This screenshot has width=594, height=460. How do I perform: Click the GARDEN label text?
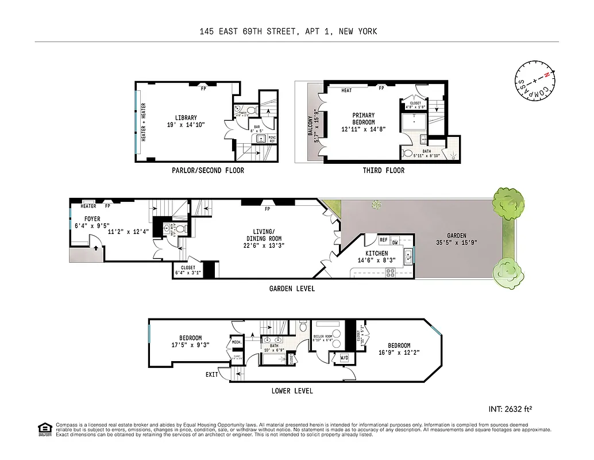[x=457, y=235]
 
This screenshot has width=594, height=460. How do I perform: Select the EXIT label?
[x=212, y=375]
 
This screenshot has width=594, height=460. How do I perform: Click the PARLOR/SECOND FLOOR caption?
[x=208, y=170]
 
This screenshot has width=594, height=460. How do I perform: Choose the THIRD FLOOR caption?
[x=383, y=170]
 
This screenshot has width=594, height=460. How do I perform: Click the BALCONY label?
[x=310, y=126]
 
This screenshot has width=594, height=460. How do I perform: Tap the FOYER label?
[x=92, y=218]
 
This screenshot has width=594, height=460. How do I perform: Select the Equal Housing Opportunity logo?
[x=44, y=429]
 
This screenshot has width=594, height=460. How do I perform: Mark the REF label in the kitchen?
[x=383, y=240]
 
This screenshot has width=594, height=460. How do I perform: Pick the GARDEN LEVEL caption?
[x=293, y=289]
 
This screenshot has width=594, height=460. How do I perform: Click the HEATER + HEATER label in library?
[x=143, y=122]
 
